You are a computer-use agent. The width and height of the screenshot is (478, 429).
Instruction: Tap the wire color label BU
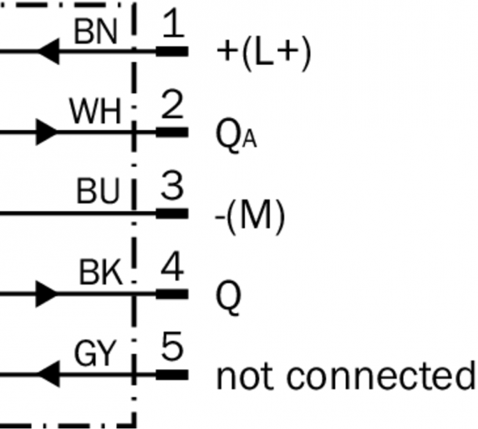click(99, 193)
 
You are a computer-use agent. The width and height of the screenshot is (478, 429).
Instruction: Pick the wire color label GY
click(95, 355)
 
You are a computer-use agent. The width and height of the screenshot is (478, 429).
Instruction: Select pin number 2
click(171, 107)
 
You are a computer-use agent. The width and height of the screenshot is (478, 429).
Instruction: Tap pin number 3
click(171, 187)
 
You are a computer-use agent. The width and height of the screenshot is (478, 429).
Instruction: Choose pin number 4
click(171, 269)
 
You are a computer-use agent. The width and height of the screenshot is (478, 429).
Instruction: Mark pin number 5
click(171, 350)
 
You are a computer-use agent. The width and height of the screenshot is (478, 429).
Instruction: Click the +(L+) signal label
click(264, 54)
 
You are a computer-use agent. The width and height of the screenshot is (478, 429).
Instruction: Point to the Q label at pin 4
click(229, 296)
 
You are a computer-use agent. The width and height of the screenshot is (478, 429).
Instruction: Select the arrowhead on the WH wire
click(46, 132)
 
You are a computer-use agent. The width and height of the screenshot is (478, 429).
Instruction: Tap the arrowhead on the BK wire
click(46, 293)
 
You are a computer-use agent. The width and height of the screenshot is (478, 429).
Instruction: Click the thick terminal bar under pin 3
click(171, 213)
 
